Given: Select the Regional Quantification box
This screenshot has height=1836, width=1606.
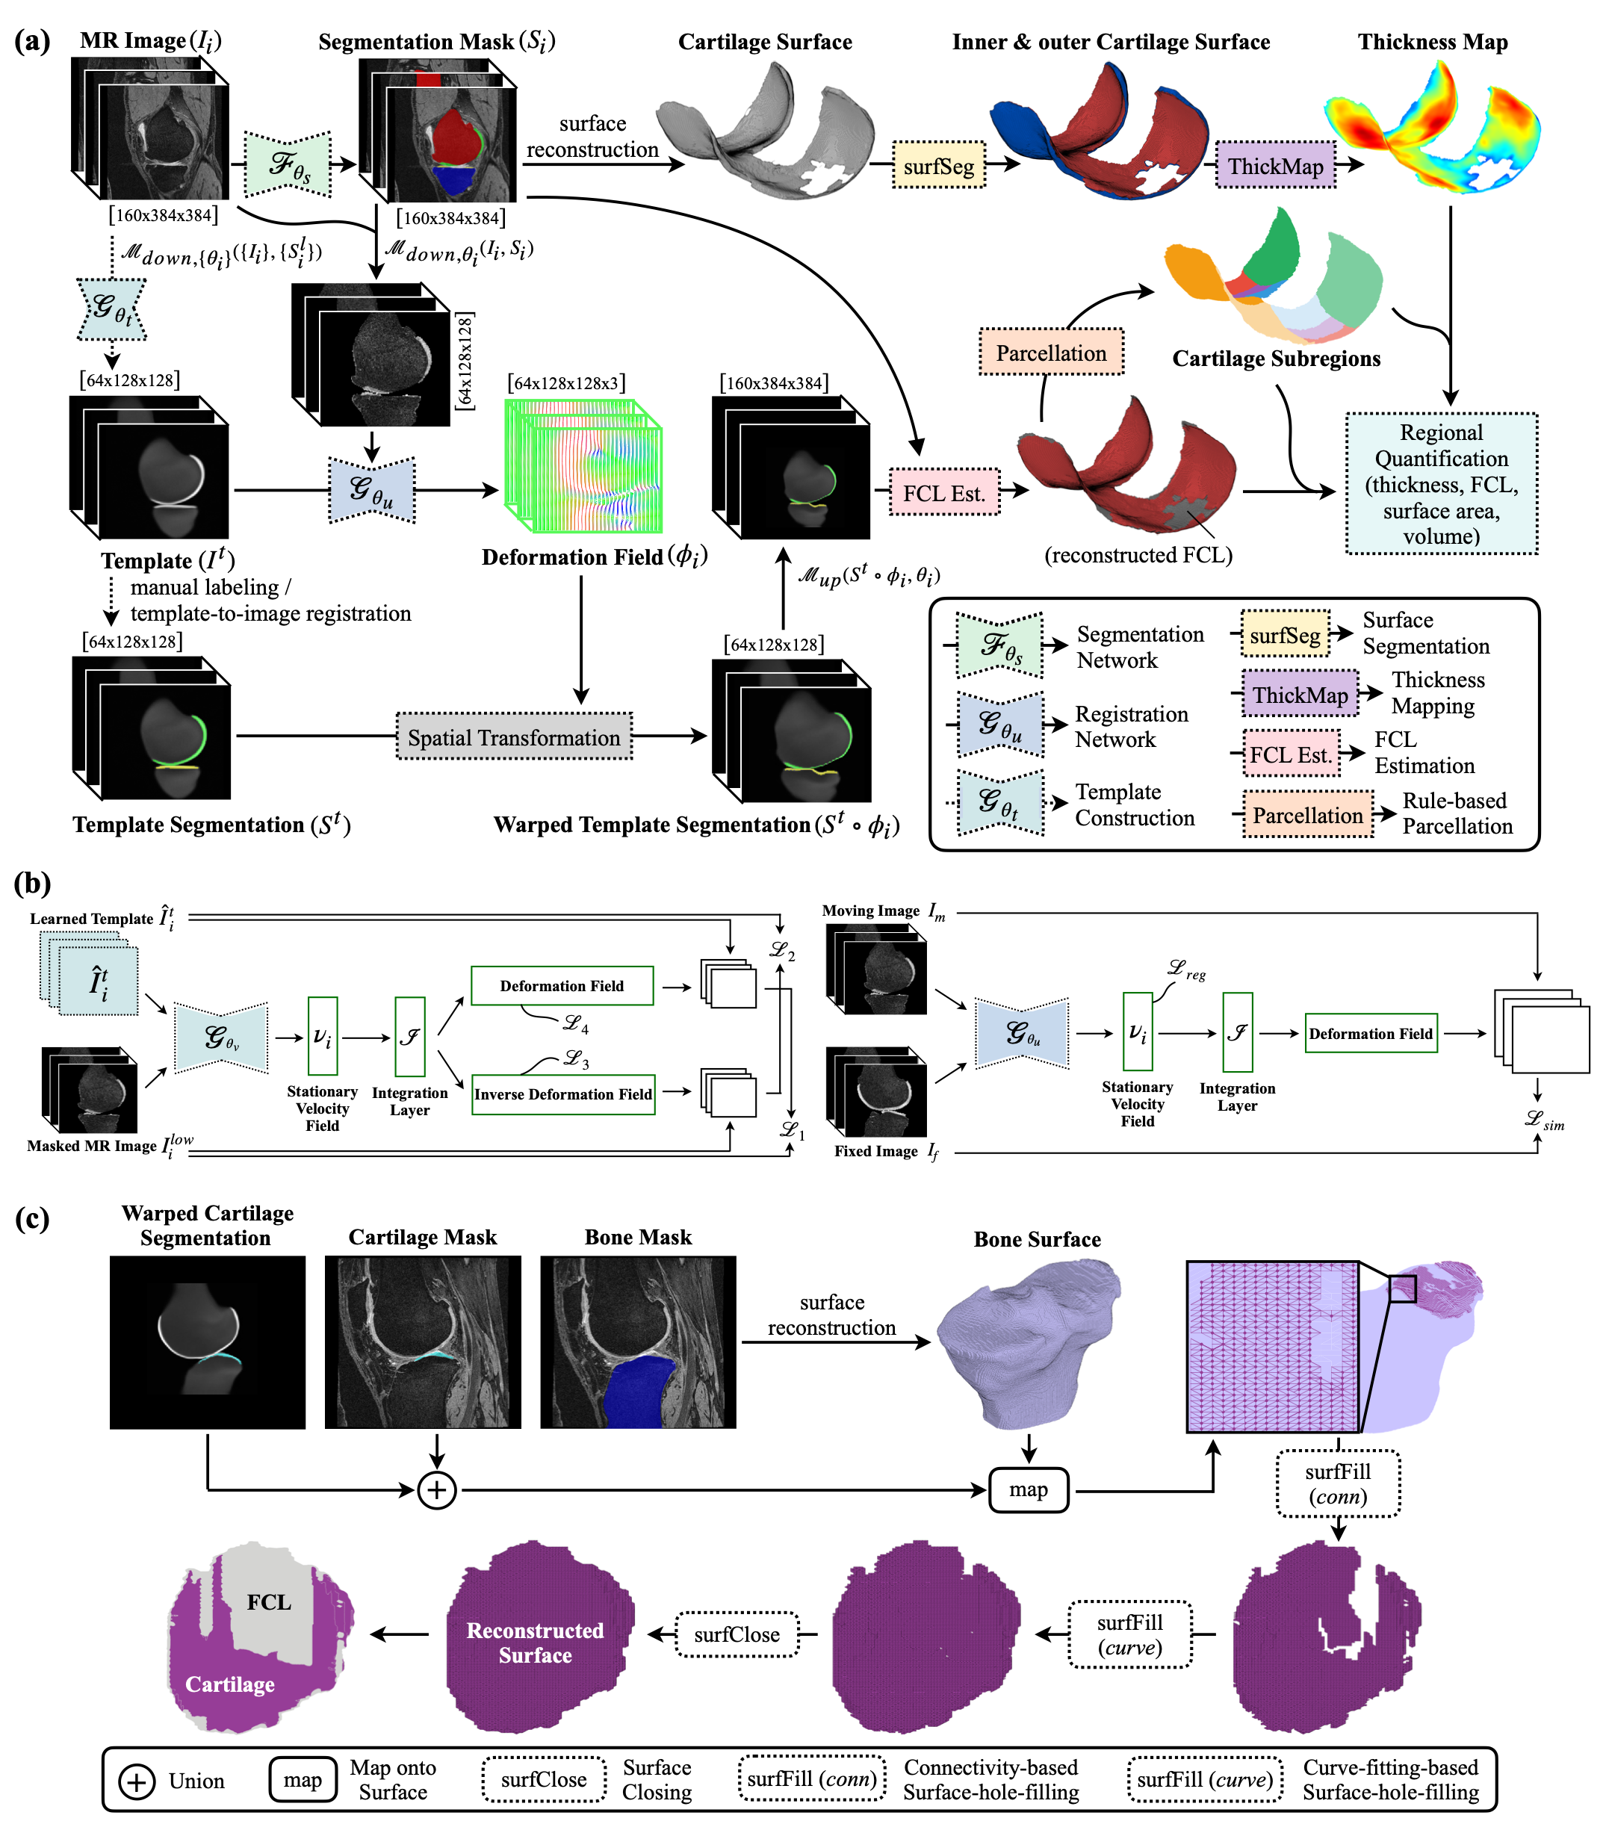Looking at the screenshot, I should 1441,484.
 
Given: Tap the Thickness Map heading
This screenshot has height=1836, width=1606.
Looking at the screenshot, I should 1432,42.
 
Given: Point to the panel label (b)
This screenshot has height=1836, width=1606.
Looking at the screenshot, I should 32,884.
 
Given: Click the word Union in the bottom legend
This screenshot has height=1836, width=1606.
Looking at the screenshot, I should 196,1781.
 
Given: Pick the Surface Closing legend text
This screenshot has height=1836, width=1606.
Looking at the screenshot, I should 657,1779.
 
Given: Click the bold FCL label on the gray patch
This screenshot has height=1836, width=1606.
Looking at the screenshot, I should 269,1602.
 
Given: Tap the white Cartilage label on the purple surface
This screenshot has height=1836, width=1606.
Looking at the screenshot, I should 229,1684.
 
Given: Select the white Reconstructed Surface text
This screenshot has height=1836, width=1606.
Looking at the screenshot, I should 535,1643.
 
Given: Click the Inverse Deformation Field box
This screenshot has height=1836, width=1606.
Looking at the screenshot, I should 562,1094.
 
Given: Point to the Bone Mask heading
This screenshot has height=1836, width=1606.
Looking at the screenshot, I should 638,1238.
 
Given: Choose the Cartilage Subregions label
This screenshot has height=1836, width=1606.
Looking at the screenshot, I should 1275,359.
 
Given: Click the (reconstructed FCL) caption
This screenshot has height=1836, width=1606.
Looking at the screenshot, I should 1138,555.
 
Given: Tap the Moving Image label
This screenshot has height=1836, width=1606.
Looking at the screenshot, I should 870,911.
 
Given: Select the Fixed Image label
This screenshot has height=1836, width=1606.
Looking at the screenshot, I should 875,1151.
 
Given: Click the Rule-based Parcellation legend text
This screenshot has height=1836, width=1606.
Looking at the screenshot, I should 1457,813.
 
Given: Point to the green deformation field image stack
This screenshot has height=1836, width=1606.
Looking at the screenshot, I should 583,466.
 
